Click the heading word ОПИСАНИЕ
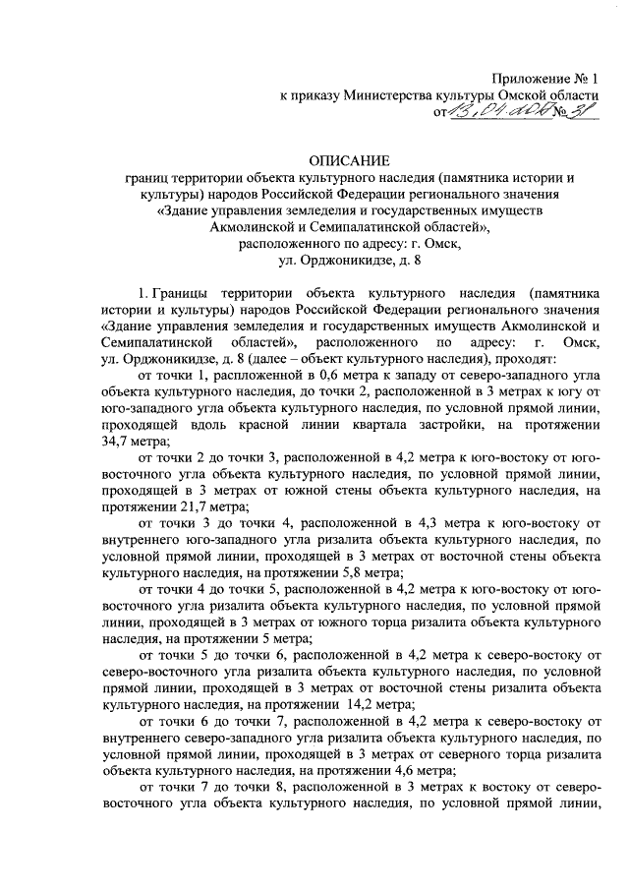349,159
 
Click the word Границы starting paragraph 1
189,293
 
